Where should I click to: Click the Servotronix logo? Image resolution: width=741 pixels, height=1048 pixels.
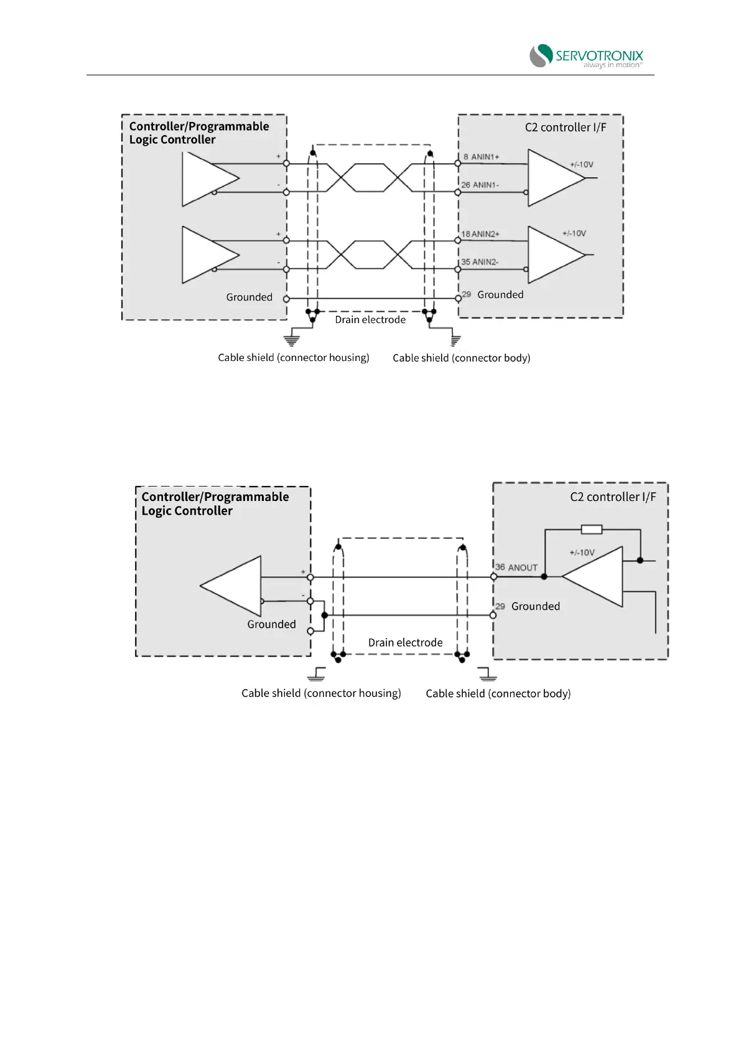point(585,55)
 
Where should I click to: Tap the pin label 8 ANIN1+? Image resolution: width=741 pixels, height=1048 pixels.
point(481,157)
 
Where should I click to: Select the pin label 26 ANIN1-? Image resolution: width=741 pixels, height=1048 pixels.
point(480,185)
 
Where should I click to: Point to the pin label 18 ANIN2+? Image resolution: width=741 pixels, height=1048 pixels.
point(480,234)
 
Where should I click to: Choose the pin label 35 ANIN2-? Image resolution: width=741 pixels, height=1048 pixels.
point(479,262)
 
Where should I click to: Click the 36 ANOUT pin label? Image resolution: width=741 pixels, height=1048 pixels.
point(516,568)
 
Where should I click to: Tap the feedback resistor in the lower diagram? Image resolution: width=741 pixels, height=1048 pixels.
point(591,530)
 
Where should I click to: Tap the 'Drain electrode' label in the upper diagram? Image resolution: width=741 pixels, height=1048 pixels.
point(370,320)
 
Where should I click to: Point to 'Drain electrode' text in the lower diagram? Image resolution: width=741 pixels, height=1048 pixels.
point(405,643)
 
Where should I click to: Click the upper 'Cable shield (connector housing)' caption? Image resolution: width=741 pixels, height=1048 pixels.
point(294,358)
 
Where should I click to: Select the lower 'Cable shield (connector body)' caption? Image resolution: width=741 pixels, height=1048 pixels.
point(498,693)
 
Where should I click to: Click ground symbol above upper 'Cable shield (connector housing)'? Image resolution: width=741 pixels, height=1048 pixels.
point(291,340)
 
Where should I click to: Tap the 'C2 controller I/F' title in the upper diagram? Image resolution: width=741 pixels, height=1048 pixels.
point(565,128)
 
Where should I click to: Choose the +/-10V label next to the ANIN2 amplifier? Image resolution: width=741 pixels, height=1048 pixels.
point(574,233)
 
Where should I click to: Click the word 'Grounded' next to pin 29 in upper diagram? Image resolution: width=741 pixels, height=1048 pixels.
point(500,295)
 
